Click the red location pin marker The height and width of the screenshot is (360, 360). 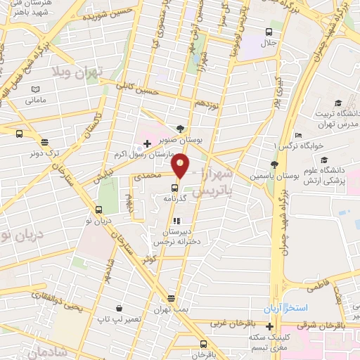181,165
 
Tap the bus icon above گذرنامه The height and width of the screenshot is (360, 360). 174,187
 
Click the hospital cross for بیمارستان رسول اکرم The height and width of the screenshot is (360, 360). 146,143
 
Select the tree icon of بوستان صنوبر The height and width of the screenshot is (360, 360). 181,129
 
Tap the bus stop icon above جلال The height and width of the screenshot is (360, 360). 268,32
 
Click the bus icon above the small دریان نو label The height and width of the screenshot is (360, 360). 98,210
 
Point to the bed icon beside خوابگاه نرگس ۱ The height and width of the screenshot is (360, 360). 299,135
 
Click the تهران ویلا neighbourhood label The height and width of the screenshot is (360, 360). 78,72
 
